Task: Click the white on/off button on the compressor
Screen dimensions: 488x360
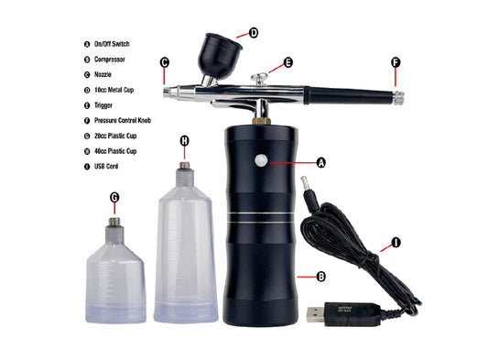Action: [x=261, y=160]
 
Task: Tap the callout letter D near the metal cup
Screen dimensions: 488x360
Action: [x=254, y=33]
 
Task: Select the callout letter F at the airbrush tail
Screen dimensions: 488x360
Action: [x=396, y=62]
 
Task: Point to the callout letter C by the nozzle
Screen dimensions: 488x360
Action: [x=165, y=62]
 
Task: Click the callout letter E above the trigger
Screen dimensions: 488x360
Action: [x=288, y=62]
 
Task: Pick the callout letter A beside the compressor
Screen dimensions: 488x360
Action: [x=320, y=162]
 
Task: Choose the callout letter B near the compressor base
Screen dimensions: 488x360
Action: [x=320, y=277]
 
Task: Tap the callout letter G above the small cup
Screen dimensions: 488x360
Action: [x=114, y=197]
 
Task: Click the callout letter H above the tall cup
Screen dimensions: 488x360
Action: [x=185, y=141]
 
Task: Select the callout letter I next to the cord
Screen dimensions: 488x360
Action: [x=396, y=242]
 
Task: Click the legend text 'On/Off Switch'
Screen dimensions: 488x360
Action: [x=112, y=44]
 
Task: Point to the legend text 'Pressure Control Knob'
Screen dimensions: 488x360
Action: [x=123, y=121]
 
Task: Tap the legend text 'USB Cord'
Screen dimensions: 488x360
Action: [x=106, y=167]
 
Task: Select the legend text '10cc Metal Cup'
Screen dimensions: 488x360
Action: [x=114, y=90]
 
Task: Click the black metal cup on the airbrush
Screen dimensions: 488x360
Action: [x=219, y=56]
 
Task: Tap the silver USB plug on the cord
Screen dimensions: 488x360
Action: [x=315, y=314]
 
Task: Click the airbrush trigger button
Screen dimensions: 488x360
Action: [x=260, y=78]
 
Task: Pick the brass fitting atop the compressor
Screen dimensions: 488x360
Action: [x=262, y=121]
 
